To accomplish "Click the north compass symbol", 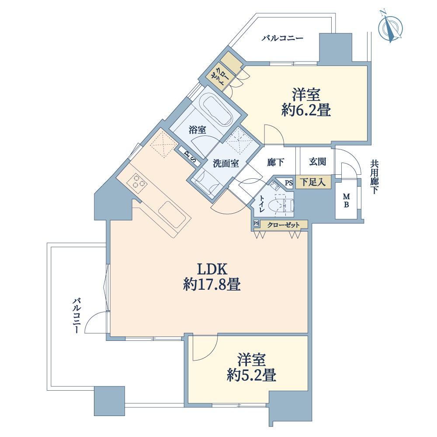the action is [x=390, y=27].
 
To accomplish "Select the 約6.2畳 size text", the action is [x=306, y=110].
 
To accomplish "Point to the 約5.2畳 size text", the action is [x=251, y=375].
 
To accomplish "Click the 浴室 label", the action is [x=198, y=130].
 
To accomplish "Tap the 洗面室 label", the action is [x=226, y=163].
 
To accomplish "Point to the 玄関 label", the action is [x=317, y=162].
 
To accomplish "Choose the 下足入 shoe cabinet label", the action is [x=313, y=183].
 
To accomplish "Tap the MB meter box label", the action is [x=347, y=201].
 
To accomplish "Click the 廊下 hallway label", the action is [x=275, y=162].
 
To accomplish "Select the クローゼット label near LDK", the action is [x=284, y=225].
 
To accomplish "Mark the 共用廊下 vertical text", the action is [x=374, y=177].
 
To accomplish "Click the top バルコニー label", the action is [x=282, y=38].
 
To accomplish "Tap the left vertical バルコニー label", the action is [x=77, y=316].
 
